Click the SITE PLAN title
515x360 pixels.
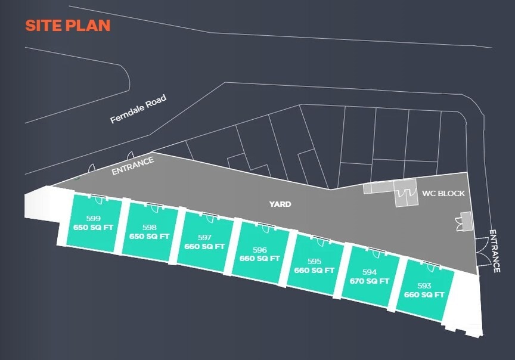67,26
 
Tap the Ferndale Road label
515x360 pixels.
138,110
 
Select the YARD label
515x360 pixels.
280,204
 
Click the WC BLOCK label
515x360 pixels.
443,194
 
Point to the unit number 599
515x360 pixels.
94,219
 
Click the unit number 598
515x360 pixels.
150,227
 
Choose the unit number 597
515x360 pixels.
204,237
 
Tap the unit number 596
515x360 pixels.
259,250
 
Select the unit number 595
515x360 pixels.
314,261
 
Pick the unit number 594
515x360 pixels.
370,272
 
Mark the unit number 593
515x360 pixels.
424,286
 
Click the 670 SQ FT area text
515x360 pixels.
370,281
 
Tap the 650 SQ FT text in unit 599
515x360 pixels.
94,227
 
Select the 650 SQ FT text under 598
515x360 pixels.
150,236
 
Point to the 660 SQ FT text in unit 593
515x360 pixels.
424,295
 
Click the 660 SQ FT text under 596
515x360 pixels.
259,259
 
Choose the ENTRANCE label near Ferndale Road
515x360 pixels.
133,166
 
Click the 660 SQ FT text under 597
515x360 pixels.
204,246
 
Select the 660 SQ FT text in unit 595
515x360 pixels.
314,270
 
